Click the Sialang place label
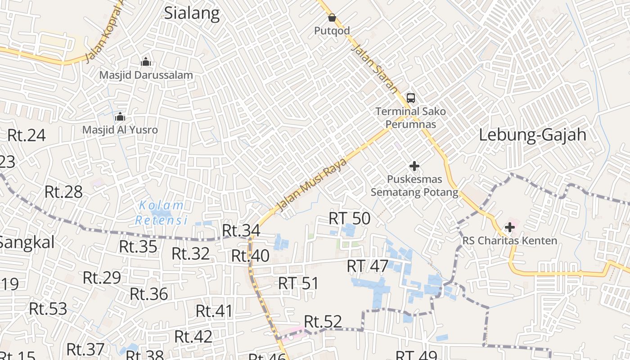tap(192, 13)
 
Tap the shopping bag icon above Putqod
tap(332, 18)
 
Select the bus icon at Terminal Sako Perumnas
tap(410, 98)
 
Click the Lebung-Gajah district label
tap(532, 135)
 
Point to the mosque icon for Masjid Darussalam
tap(146, 62)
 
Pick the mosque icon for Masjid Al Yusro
tap(120, 117)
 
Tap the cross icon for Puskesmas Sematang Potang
tap(414, 166)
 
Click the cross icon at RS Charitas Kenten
tap(509, 228)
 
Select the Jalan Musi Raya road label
tap(312, 184)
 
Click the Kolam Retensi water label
tap(161, 213)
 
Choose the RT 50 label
tap(350, 219)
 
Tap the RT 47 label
tap(367, 266)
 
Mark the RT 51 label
tap(298, 283)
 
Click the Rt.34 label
tap(241, 230)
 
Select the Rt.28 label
tap(63, 192)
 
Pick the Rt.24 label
tap(27, 135)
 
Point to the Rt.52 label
tap(323, 322)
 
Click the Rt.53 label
tap(48, 309)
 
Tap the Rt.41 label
tap(214, 311)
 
